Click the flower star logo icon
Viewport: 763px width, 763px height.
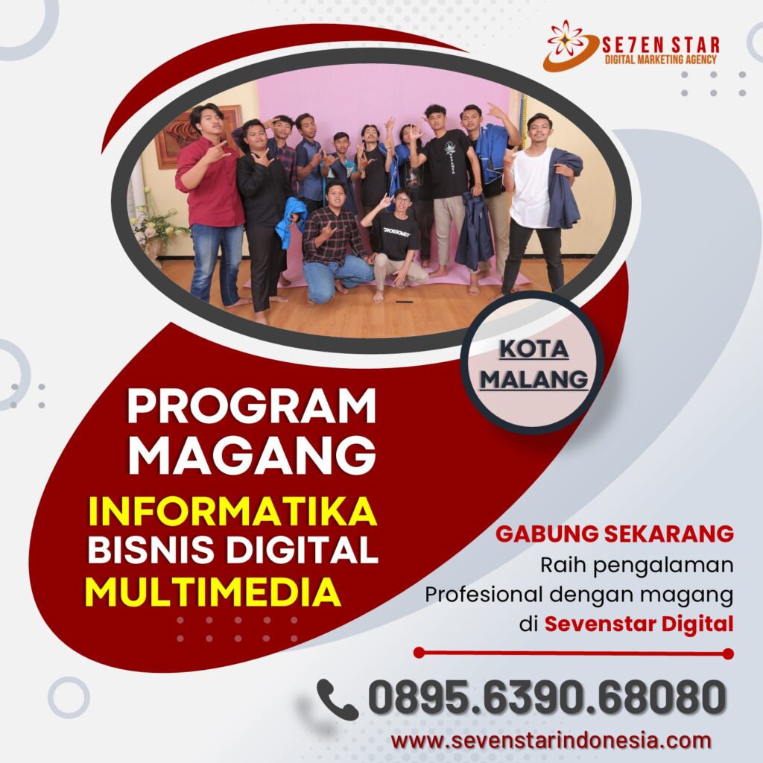point(567,45)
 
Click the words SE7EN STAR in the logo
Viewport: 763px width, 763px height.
point(660,45)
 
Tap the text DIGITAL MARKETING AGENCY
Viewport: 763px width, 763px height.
point(660,60)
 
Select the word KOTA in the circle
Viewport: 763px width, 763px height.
point(534,349)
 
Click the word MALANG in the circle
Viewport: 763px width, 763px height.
point(534,379)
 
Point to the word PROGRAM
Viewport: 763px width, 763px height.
point(252,406)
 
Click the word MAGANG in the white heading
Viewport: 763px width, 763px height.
point(252,455)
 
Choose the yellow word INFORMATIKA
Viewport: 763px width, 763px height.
point(232,511)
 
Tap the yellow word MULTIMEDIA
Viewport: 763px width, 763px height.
point(212,592)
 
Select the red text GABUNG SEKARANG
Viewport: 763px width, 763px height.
point(615,534)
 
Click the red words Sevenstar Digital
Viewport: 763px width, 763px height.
point(639,624)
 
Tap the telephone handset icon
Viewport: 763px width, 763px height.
point(338,699)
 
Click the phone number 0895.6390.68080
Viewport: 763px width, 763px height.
point(547,697)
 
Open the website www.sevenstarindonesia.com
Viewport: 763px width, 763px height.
point(551,741)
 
